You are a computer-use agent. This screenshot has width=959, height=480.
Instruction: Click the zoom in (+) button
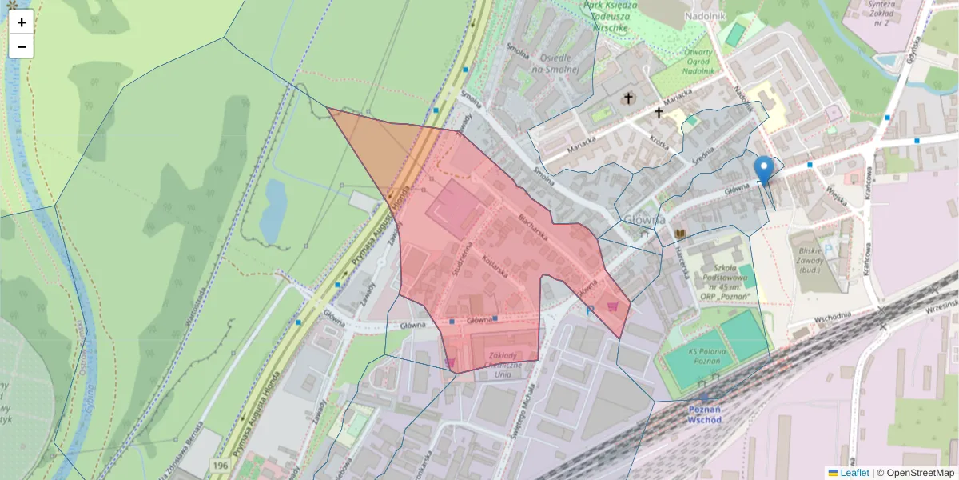pos(21,22)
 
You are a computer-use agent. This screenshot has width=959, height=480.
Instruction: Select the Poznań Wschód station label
pos(704,414)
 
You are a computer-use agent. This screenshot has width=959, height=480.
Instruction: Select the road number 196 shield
pos(221,465)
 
